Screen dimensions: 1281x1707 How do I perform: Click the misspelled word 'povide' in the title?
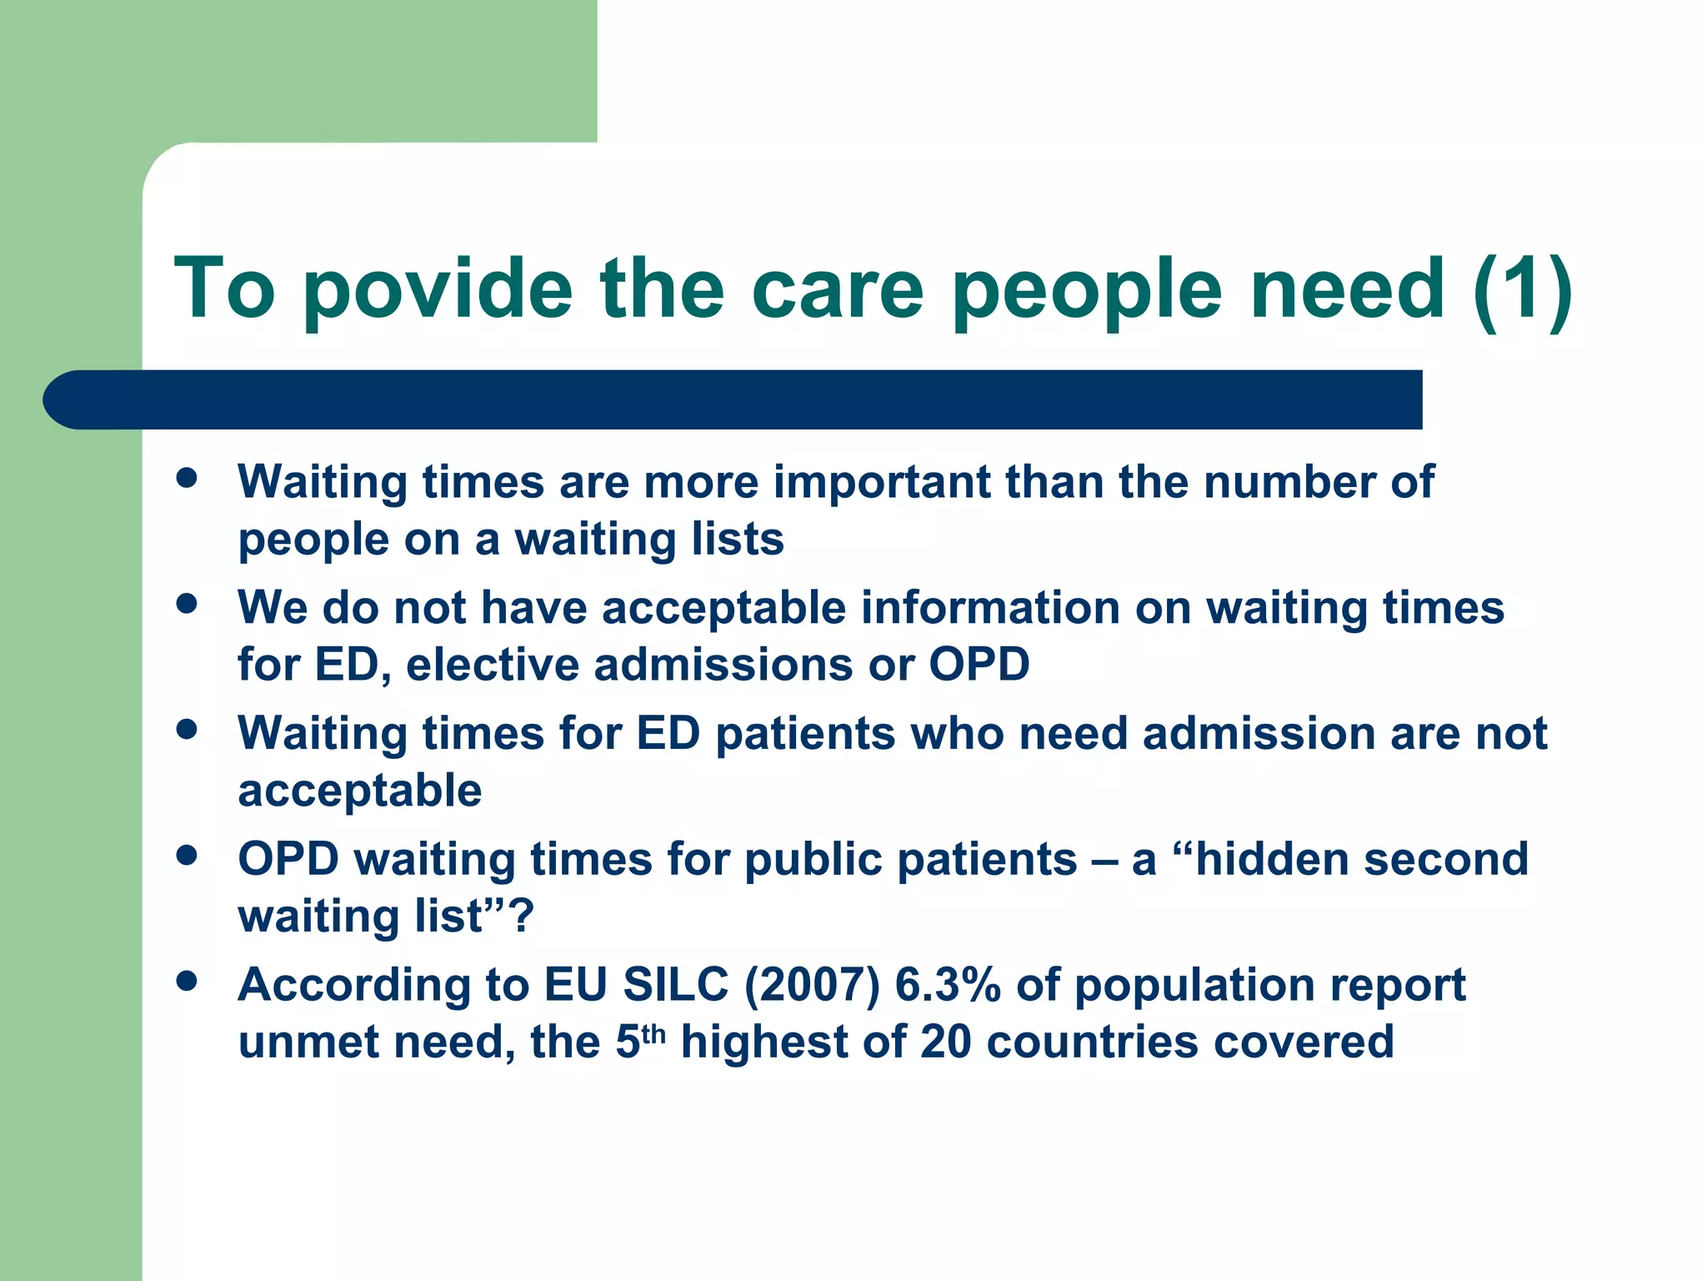437,289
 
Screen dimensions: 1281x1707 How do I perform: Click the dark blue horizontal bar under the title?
733,399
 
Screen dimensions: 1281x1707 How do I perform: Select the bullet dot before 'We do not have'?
187,604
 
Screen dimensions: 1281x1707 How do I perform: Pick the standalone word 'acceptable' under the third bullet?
359,791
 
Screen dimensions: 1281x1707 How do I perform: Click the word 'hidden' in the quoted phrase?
1270,859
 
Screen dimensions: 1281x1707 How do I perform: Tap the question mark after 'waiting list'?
520,916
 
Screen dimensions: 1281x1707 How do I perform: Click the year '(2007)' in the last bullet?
812,985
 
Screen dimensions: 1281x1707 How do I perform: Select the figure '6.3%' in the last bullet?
947,985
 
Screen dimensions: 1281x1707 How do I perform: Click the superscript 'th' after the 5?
654,1033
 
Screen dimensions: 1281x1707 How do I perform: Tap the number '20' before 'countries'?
945,1042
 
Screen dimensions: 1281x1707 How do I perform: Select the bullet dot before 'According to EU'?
187,981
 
